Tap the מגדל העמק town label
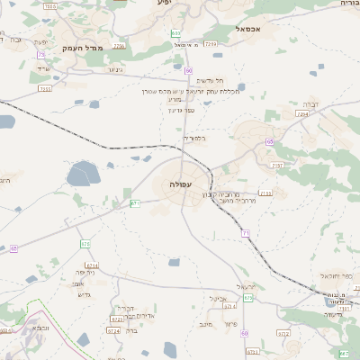coord(85,47)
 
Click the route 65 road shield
coord(270,141)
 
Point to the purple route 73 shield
coord(42,55)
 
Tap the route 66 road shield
coord(13,247)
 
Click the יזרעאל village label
coord(246,287)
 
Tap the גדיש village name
coord(85,294)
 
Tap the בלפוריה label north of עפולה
coord(193,138)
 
